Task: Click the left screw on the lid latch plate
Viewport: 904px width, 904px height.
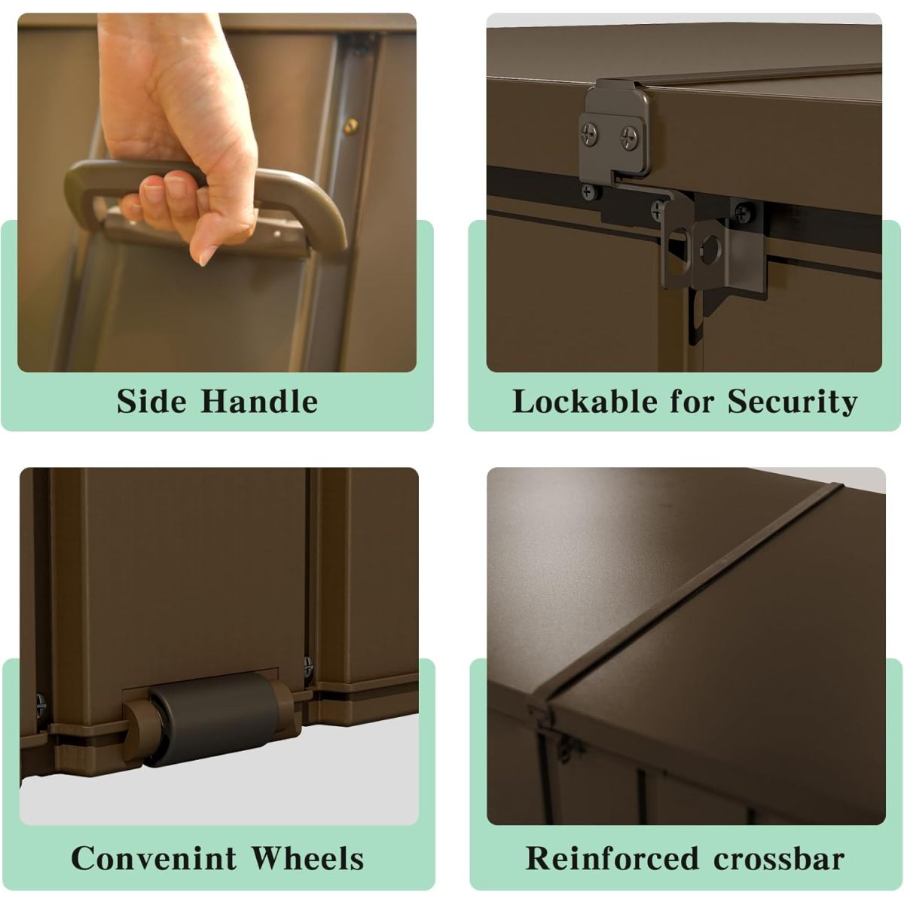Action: tap(589, 133)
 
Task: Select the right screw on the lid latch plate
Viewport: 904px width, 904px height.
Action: tap(628, 136)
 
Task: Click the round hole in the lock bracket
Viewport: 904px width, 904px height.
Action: tap(712, 249)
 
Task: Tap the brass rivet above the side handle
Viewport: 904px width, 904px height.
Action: tap(350, 125)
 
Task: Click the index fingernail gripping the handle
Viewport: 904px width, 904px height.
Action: tap(152, 192)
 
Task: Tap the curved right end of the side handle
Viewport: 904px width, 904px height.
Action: tap(324, 211)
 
